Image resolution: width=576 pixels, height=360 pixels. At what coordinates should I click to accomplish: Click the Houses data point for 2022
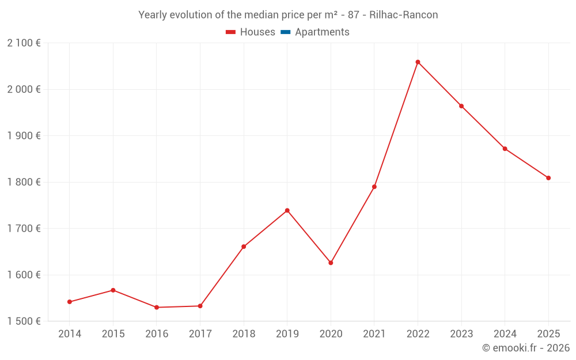click(418, 62)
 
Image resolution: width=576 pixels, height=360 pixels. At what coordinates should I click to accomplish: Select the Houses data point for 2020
click(331, 263)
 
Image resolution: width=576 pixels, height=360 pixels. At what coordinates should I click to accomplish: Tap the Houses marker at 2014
click(70, 302)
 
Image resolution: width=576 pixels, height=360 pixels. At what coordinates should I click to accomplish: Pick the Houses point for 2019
click(287, 210)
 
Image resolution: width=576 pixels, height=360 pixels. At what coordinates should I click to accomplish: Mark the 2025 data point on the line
click(548, 178)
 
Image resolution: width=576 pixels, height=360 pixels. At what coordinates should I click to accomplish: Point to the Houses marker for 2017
click(200, 306)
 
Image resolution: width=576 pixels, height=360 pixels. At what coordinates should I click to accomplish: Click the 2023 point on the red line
click(461, 106)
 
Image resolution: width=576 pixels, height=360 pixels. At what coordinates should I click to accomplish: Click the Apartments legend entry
click(322, 32)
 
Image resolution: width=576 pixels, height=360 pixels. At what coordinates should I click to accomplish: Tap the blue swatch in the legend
click(286, 32)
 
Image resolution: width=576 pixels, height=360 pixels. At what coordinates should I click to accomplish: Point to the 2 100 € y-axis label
click(24, 43)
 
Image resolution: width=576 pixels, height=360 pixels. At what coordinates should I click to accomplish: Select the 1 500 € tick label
click(24, 321)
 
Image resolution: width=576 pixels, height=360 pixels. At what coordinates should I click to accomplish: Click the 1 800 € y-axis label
click(24, 182)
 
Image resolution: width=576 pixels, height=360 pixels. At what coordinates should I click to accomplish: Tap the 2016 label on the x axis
click(157, 334)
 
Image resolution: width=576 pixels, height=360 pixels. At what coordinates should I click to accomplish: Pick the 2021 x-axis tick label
click(374, 334)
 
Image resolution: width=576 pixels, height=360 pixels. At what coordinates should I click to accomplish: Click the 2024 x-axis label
click(505, 334)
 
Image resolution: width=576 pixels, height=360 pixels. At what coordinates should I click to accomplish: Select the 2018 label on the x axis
click(244, 334)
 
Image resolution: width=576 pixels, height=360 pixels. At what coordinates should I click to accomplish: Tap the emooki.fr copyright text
click(525, 348)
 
